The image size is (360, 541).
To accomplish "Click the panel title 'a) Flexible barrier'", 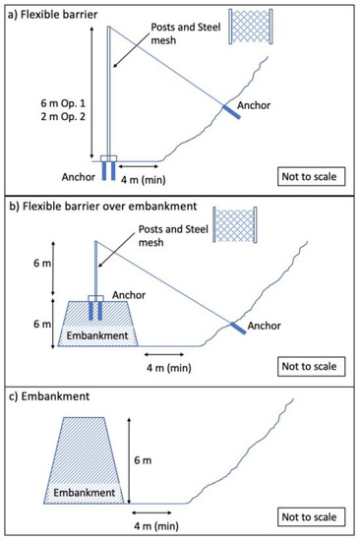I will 51,11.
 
